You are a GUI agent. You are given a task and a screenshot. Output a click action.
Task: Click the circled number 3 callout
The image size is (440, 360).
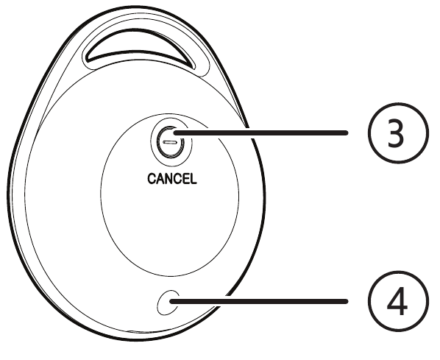point(398,133)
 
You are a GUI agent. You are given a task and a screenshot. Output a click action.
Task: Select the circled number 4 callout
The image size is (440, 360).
point(398,301)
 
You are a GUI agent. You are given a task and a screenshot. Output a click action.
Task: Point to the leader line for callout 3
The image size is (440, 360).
point(260,133)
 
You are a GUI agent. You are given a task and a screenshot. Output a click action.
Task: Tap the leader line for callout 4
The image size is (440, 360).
point(258,301)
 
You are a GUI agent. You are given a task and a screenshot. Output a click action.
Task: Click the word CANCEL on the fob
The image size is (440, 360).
point(172,179)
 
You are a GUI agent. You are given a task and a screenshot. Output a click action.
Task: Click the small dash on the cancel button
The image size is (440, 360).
point(169,142)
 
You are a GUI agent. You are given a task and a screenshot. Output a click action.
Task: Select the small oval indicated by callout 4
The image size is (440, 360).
point(168,303)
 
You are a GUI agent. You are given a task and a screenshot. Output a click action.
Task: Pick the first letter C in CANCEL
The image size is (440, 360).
point(152,179)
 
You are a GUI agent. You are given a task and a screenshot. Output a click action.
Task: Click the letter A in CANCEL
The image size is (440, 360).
point(160,179)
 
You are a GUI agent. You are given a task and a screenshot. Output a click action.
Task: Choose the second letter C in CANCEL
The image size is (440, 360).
point(179,179)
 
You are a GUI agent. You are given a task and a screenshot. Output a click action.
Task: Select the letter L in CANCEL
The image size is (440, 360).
point(194,179)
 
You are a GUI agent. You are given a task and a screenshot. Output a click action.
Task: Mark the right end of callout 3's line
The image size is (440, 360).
point(347,133)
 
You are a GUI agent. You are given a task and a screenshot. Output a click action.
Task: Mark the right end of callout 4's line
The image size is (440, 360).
point(347,301)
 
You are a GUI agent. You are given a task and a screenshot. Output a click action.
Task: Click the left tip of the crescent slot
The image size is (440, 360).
point(88,60)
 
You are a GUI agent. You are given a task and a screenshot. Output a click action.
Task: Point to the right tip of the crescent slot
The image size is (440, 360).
point(194,68)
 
